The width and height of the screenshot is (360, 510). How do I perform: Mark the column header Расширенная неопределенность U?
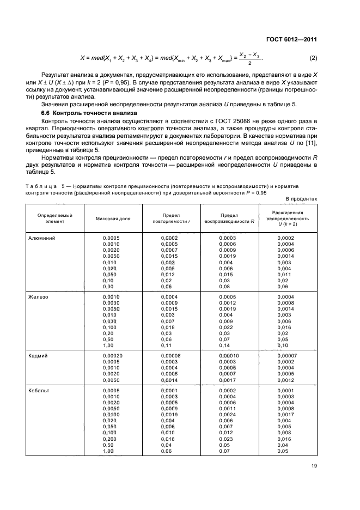(x=288, y=218)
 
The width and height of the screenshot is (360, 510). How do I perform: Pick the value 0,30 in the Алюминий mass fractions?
(x=109, y=286)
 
